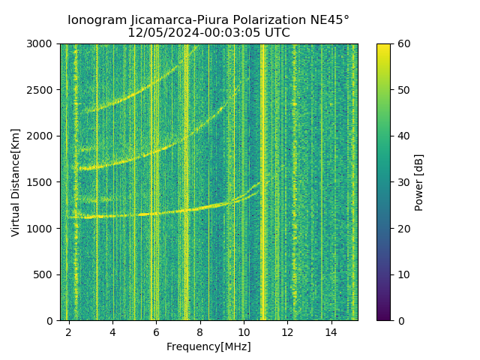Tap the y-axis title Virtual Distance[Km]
pos(16,182)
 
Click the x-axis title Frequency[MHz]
pos(208,346)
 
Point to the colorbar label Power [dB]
pos(419,182)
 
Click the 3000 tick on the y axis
pos(42,44)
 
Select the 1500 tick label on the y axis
pos(42,182)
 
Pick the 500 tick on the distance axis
pos(45,274)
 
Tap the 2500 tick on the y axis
pos(42,90)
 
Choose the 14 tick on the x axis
pos(331,331)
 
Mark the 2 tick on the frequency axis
pos(69,331)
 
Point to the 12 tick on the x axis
pos(287,331)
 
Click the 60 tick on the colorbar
pos(403,44)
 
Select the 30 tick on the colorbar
pos(403,182)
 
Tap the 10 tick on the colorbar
pos(403,274)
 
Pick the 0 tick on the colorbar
pos(400,320)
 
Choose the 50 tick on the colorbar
pos(403,90)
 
